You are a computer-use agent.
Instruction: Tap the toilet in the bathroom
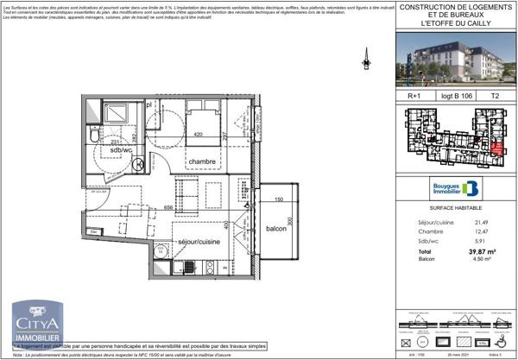(94, 136)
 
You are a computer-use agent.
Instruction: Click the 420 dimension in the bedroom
(197, 135)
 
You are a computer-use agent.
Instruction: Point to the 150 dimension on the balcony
(278, 199)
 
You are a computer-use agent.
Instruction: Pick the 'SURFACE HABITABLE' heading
(450, 209)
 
